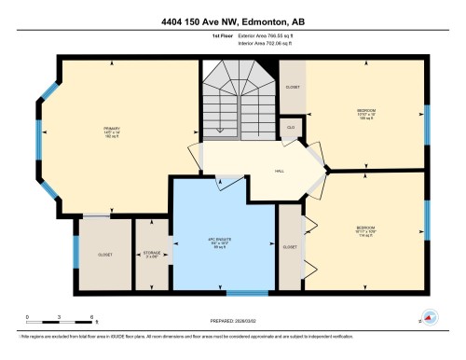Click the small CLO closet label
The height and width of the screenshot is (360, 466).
point(291,127)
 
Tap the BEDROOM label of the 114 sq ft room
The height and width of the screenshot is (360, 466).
point(365,227)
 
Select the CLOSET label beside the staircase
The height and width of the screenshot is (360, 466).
point(293,86)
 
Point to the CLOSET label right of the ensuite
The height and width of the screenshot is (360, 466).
point(290,247)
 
